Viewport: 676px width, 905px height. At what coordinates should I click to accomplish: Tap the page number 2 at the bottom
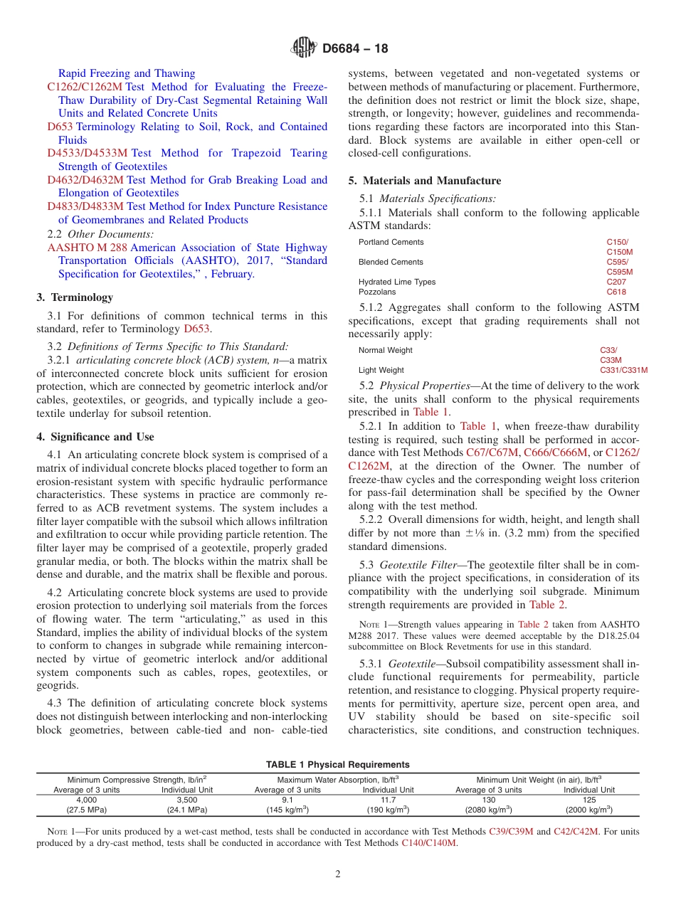[338, 874]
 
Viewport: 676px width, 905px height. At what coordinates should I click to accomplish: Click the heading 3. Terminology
[75, 297]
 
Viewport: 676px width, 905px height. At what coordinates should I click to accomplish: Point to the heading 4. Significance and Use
[95, 437]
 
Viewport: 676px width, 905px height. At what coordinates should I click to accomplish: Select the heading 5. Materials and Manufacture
[424, 181]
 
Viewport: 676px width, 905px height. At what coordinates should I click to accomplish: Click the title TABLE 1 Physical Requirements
[337, 765]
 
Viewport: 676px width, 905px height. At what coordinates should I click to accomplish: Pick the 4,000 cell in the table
[87, 800]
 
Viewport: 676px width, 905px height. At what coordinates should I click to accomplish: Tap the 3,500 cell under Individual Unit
[187, 800]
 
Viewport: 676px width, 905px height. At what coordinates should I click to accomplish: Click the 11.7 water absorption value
[388, 800]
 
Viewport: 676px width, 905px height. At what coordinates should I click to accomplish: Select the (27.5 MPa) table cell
[87, 810]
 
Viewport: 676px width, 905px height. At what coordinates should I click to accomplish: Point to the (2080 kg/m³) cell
[488, 810]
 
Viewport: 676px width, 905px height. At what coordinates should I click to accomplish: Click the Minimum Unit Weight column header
[539, 779]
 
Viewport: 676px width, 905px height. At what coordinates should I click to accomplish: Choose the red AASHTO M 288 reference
[88, 248]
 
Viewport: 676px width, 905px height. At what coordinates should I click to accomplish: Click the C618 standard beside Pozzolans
[616, 292]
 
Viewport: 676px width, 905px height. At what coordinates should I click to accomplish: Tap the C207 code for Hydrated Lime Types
[616, 282]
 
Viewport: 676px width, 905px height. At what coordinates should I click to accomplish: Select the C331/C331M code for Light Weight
[623, 370]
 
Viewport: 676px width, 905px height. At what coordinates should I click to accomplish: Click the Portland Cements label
[391, 243]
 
